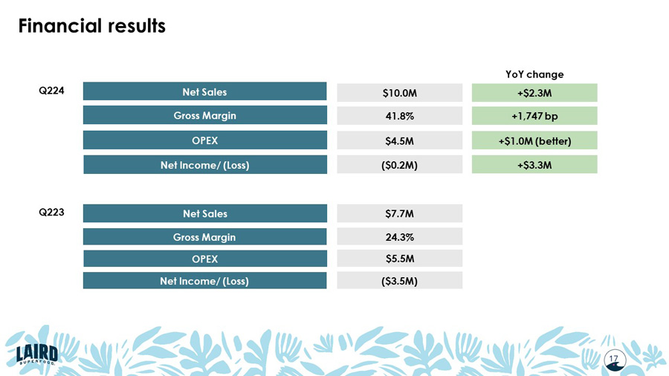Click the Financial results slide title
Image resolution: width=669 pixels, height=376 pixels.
[x=91, y=26]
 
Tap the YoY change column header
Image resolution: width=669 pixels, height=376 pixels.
[x=534, y=74]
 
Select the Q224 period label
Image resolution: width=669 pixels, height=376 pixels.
[x=51, y=91]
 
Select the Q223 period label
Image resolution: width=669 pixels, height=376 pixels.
[x=51, y=212]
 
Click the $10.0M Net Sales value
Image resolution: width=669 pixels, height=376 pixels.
[x=399, y=93]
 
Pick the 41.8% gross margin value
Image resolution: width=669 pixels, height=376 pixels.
[x=399, y=116]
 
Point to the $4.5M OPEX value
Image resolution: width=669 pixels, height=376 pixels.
[x=399, y=140]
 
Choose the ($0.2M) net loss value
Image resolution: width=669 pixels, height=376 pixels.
[x=399, y=165]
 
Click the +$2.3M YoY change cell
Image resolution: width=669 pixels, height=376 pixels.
[x=534, y=93]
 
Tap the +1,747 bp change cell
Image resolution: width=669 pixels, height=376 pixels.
[x=534, y=116]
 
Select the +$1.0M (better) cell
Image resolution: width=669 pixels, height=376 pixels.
[x=534, y=140]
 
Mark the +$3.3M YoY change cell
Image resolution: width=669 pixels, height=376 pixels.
[x=534, y=165]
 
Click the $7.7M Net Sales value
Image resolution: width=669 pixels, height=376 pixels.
[x=399, y=214]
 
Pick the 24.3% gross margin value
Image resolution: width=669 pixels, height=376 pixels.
[x=399, y=237]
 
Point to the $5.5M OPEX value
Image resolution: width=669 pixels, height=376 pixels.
[x=399, y=259]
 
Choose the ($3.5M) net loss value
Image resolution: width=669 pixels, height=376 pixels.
[x=399, y=281]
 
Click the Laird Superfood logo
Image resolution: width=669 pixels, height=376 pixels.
[x=36, y=354]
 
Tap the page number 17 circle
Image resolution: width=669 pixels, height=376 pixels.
[x=615, y=360]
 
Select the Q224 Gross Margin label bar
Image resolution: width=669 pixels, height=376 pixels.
[x=204, y=116]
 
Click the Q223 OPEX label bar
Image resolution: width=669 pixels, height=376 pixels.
[x=204, y=259]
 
